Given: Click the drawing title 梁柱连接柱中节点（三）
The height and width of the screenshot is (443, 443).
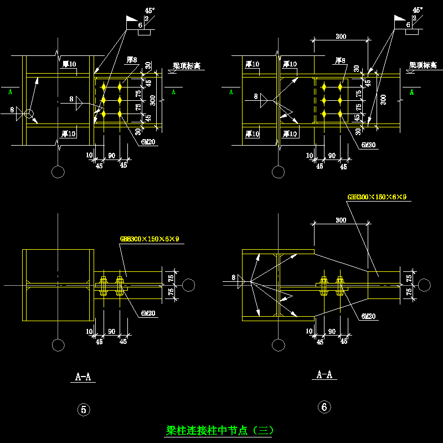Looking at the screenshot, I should pyautogui.click(x=220, y=430).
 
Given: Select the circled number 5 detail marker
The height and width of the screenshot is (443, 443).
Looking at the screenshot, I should pyautogui.click(x=83, y=410).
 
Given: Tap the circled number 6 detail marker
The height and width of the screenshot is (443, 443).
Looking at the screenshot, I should pyautogui.click(x=324, y=407).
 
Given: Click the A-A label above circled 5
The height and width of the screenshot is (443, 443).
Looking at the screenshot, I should pyautogui.click(x=83, y=377).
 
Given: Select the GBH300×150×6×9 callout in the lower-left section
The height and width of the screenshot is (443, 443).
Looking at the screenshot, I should pyautogui.click(x=150, y=239).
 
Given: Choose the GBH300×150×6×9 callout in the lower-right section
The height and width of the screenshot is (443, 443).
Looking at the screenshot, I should pyautogui.click(x=377, y=197).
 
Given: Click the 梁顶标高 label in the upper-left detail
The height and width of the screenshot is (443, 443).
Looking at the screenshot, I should pyautogui.click(x=186, y=66).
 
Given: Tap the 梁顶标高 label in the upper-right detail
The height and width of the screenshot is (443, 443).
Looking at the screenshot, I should pyautogui.click(x=423, y=65).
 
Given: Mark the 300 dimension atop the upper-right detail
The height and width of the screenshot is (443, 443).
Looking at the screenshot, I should pyautogui.click(x=341, y=37).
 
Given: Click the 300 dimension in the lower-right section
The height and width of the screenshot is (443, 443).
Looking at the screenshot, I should pyautogui.click(x=341, y=220).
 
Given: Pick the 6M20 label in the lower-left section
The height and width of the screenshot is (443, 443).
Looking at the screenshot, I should pyautogui.click(x=147, y=313).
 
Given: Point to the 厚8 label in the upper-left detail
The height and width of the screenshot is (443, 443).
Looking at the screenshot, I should pyautogui.click(x=132, y=59).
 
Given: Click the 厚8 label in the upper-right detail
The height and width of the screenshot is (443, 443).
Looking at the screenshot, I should pyautogui.click(x=340, y=60).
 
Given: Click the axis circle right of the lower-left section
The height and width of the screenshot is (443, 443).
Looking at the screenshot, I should pyautogui.click(x=188, y=285).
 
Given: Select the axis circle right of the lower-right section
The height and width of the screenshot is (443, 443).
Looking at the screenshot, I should pyautogui.click(x=425, y=285).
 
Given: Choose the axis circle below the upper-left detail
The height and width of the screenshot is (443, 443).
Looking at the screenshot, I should pyautogui.click(x=58, y=172).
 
